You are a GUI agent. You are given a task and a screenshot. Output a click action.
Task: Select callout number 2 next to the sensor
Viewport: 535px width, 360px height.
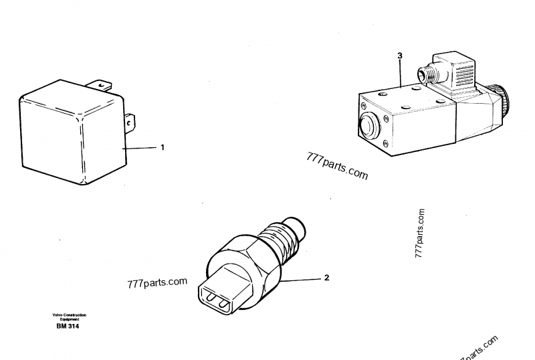(x=326, y=276)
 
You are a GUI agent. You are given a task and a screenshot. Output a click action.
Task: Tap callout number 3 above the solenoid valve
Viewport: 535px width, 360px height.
(x=399, y=56)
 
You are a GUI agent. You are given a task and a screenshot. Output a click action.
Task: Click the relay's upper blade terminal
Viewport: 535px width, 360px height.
(x=100, y=85)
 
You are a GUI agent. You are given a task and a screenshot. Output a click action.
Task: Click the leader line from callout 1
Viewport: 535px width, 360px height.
(x=140, y=147)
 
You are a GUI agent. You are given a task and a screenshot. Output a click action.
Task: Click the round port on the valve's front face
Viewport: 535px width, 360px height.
(x=370, y=125)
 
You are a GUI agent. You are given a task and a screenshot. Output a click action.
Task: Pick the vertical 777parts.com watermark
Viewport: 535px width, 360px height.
(x=420, y=234)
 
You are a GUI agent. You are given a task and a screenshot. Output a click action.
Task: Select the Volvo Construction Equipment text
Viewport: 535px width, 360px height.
(x=69, y=317)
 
